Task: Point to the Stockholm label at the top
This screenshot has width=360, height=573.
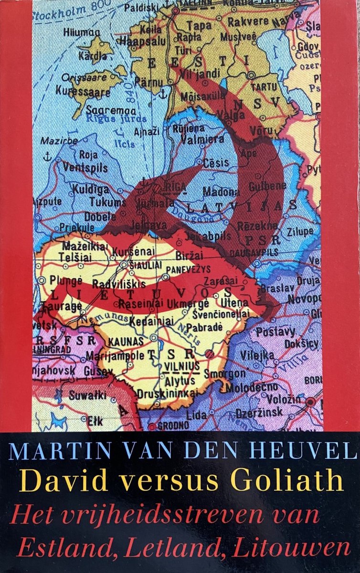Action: [62, 9]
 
